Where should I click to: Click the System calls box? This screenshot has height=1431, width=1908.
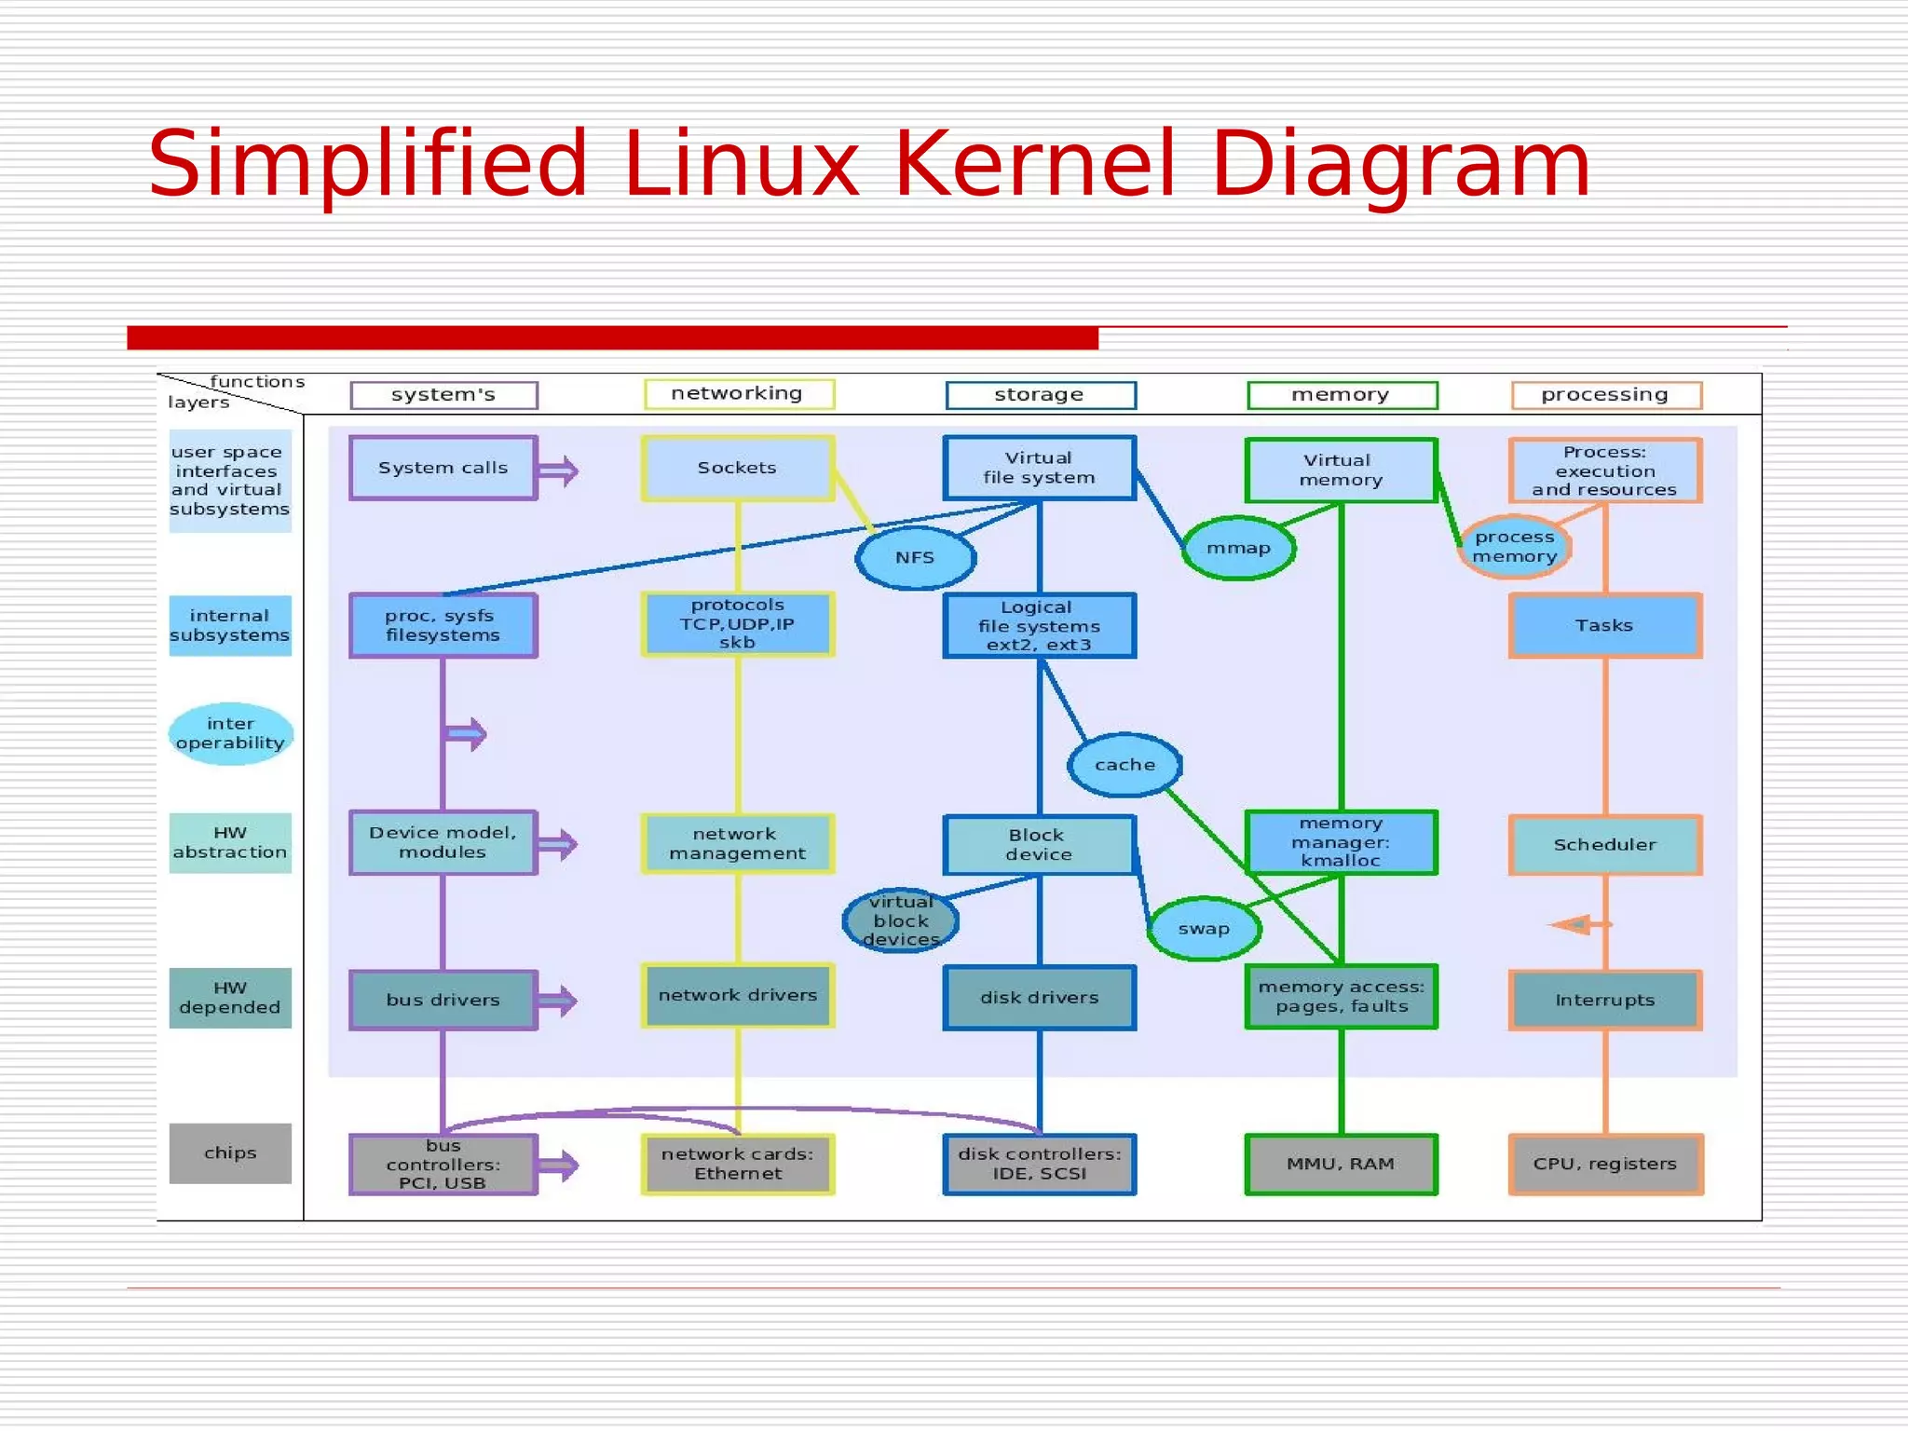443,468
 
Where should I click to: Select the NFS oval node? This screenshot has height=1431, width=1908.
915,558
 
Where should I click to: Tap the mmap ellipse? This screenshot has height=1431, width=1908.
1238,549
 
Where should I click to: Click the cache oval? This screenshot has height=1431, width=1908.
1124,765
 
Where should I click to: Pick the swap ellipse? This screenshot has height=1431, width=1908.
1204,929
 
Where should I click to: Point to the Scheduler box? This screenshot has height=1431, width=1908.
1604,845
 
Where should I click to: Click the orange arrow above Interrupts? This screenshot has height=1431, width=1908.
1574,924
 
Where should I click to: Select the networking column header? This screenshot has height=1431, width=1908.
738,394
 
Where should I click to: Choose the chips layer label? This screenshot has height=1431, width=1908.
230,1153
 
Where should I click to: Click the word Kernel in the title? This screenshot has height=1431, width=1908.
1033,164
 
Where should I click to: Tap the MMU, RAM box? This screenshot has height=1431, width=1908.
1341,1164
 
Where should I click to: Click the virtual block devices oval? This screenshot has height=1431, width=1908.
900,920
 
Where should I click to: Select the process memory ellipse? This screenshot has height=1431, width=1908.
1514,547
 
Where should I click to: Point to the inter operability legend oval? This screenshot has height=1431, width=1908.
230,733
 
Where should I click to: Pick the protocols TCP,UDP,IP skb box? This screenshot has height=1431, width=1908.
737,624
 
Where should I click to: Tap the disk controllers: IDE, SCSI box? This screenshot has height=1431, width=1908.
1039,1164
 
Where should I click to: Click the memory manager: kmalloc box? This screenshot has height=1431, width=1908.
1341,842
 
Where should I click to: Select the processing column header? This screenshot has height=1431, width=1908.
1604,395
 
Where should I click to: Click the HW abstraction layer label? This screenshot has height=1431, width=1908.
230,843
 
